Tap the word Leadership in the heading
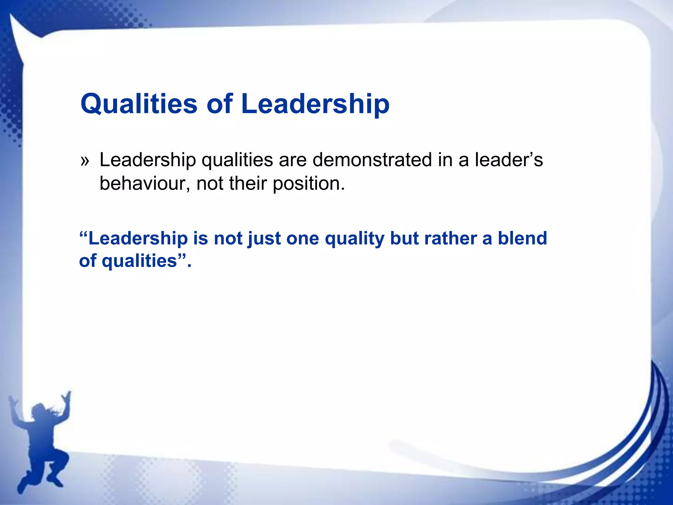coord(315,104)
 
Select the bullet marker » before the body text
coord(85,161)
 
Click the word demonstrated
coord(372,160)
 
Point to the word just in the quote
coord(264,239)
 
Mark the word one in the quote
coord(303,239)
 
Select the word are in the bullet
coord(292,161)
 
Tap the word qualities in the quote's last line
coord(139,262)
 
